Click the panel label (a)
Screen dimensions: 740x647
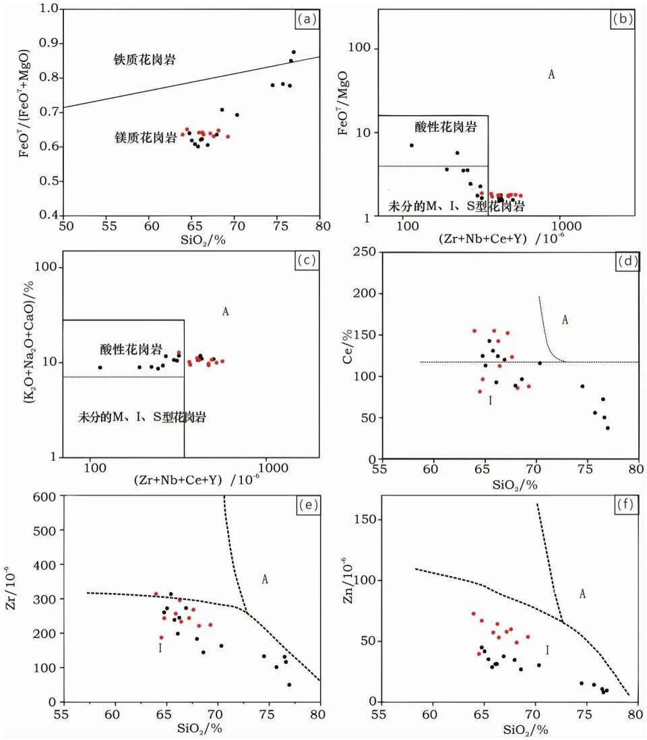307,20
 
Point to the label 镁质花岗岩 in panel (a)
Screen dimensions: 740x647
146,138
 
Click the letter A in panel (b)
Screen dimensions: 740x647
551,74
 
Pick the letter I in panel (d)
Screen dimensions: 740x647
490,400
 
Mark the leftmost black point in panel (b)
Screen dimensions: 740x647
411,146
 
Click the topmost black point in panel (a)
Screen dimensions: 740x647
293,52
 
